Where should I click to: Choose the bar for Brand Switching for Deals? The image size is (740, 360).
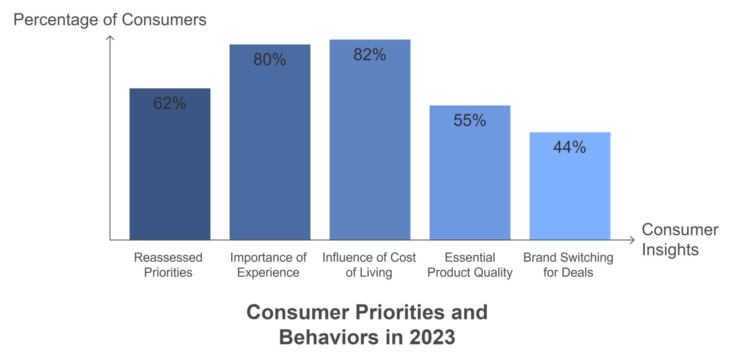tap(569, 193)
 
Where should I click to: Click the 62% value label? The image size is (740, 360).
tap(170, 103)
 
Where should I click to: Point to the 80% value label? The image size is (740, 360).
tap(270, 59)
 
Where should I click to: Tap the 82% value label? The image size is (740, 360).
tap(370, 54)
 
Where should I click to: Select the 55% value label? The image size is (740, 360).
tap(470, 120)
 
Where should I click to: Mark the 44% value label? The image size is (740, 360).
tap(569, 147)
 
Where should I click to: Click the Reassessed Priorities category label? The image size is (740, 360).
tap(168, 265)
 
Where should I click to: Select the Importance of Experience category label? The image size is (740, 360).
tap(268, 265)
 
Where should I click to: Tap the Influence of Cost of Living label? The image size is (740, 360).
tap(369, 265)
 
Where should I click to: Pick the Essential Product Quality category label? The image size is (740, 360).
tap(470, 265)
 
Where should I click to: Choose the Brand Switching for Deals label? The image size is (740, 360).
tap(568, 265)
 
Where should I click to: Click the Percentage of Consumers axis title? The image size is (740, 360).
tap(110, 20)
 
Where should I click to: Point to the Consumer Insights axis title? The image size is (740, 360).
tap(679, 240)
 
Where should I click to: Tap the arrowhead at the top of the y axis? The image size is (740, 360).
tap(110, 38)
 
